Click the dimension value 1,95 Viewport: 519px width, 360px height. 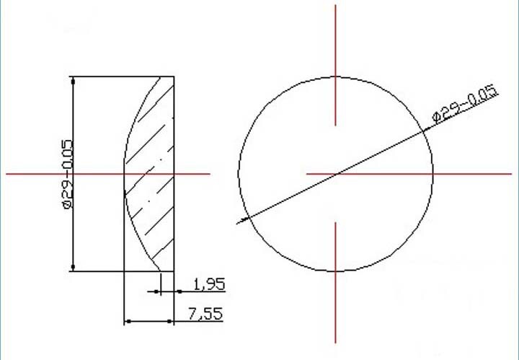pyautogui.click(x=209, y=284)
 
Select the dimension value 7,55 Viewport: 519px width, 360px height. pyautogui.click(x=205, y=314)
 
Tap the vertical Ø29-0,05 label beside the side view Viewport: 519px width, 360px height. pyautogui.click(x=67, y=174)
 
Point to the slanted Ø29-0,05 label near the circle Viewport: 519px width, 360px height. pyautogui.click(x=466, y=104)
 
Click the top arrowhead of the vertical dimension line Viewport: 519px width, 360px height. pyautogui.click(x=73, y=81)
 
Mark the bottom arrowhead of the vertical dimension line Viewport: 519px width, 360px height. pyautogui.click(x=73, y=267)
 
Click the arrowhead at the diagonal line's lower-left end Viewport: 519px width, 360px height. pyautogui.click(x=244, y=219)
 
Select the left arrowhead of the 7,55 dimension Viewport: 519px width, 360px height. pyautogui.click(x=128, y=321)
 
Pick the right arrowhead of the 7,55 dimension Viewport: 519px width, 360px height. pyautogui.click(x=169, y=321)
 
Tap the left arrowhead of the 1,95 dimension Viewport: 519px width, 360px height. pyautogui.click(x=156, y=291)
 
